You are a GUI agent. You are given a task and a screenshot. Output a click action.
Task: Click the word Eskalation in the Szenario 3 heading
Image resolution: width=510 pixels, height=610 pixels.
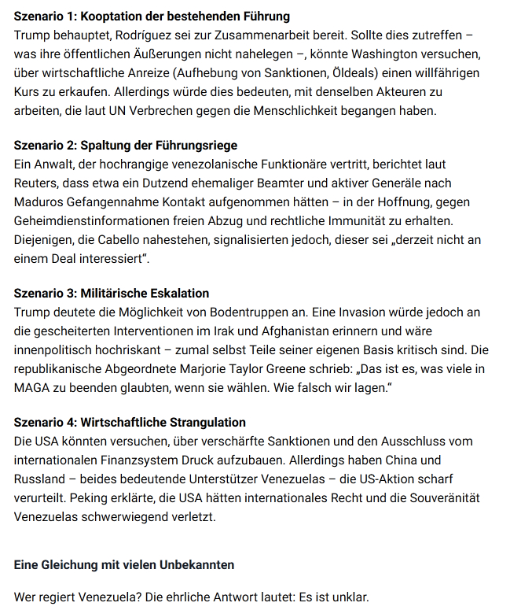[x=176, y=294]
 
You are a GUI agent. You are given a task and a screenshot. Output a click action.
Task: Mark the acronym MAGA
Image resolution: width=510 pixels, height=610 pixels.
[x=33, y=388]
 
